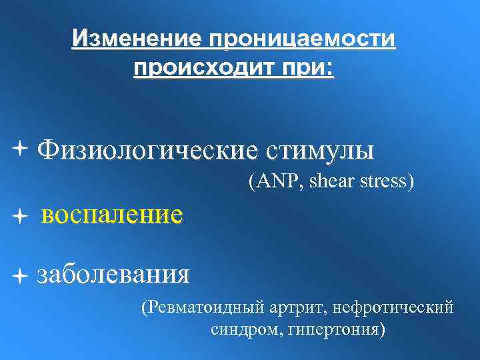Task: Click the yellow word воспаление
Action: pos(111,215)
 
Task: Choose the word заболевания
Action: pos(113,274)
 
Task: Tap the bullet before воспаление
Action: pos(24,215)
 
